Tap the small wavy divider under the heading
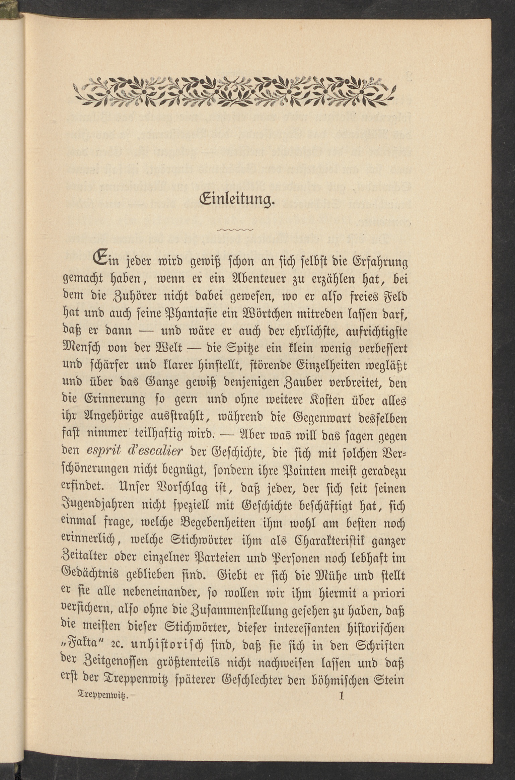point(235,230)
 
